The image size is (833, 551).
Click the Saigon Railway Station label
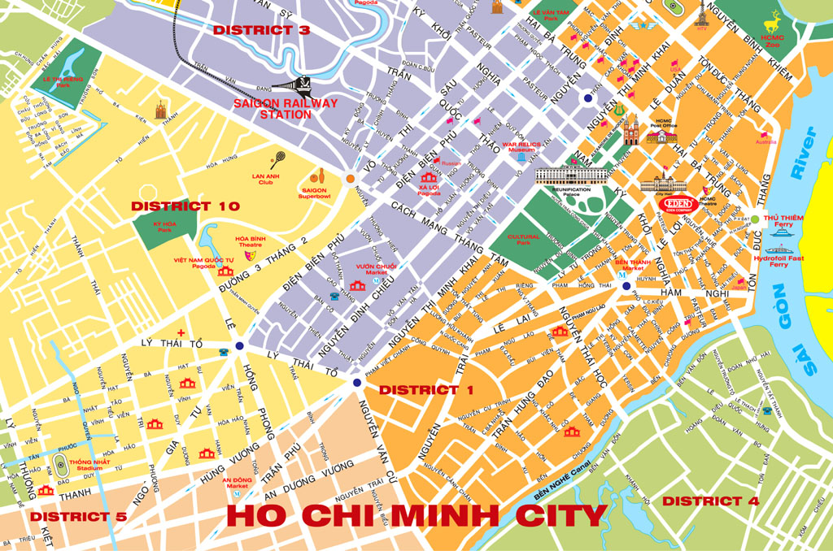272,109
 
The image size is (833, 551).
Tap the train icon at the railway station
303,85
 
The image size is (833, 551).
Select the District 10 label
185,206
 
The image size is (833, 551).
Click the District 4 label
710,501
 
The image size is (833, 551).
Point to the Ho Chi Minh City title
416,516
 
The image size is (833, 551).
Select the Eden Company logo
679,204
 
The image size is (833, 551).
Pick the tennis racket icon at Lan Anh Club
278,158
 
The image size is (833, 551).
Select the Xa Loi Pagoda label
429,192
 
